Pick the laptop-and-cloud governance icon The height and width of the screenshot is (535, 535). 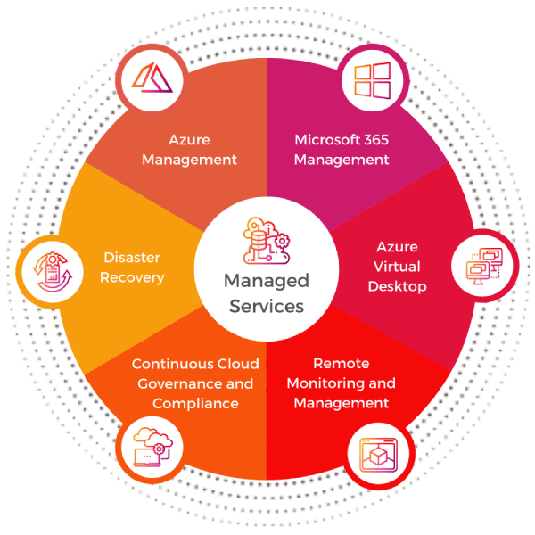(x=149, y=449)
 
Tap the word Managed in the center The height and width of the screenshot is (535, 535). (x=267, y=282)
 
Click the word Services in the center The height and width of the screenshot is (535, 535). (x=267, y=307)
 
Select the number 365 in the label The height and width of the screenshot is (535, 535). (x=372, y=140)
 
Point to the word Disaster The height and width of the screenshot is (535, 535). (x=131, y=258)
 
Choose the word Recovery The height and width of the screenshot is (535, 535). (x=132, y=277)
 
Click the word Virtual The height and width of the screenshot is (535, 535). (x=397, y=267)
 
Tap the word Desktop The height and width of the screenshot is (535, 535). (x=397, y=286)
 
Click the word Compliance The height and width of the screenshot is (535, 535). (x=195, y=403)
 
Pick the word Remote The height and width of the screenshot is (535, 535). (x=342, y=364)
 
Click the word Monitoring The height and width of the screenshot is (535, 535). (x=327, y=383)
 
